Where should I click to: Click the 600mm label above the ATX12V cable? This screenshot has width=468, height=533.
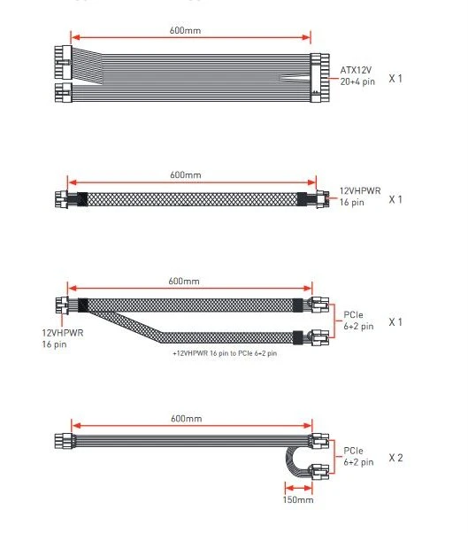185,31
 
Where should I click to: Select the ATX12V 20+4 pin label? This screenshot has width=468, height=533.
357,76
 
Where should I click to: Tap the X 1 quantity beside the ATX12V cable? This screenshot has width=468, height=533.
395,79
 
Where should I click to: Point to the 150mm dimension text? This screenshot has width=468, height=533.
298,499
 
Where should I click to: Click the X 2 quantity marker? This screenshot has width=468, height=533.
396,458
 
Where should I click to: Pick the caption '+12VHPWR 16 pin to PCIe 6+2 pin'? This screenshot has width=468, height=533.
225,353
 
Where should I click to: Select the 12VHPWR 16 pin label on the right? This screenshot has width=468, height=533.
360,197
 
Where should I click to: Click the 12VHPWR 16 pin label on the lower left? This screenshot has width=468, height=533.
63,338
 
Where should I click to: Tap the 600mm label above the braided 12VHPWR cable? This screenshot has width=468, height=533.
186,175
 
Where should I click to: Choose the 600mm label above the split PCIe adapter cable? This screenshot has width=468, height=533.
184,282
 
